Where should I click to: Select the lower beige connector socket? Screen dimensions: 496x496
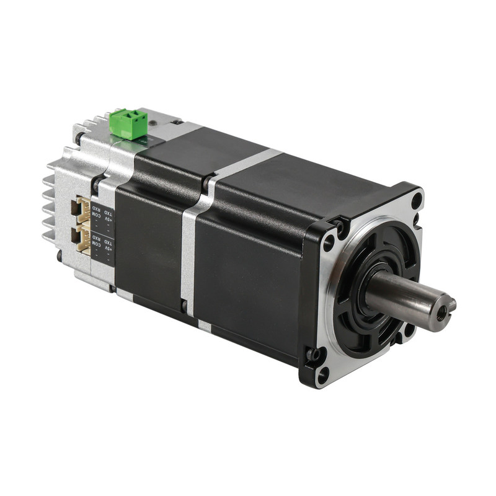click(x=82, y=239)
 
